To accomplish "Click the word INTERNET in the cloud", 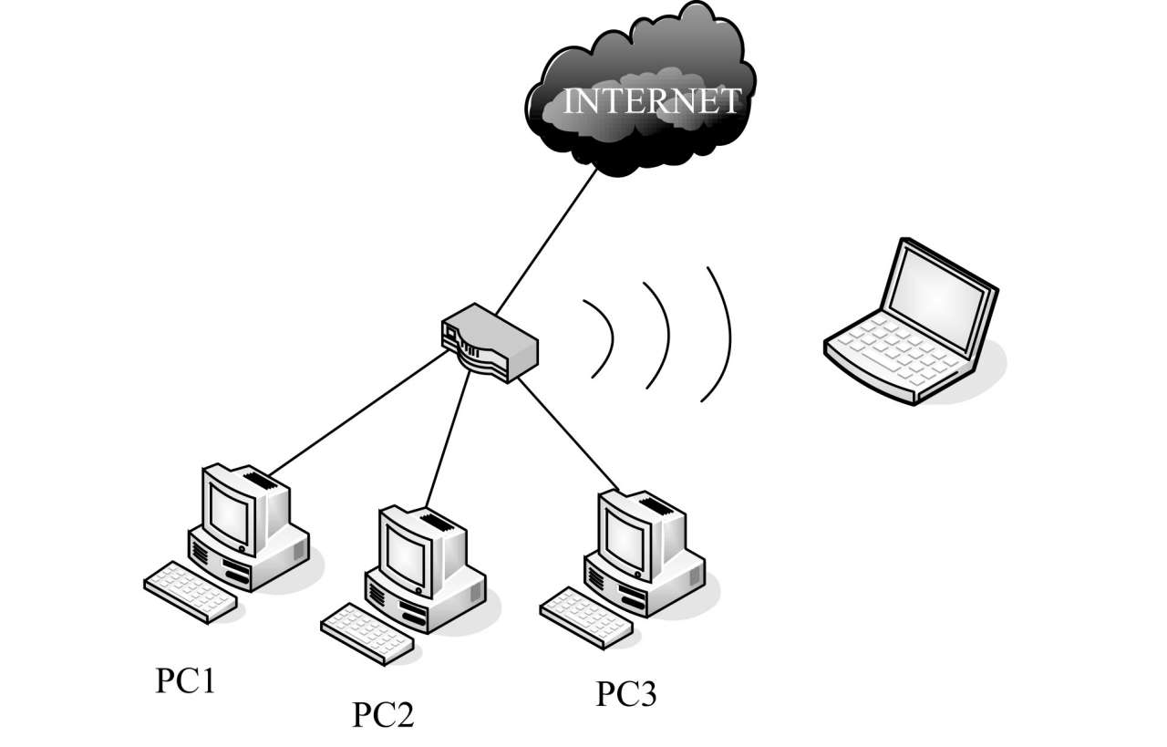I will pos(651,101).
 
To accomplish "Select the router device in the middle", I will pos(491,347).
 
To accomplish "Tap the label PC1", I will pos(185,681).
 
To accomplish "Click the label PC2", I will pos(383,714).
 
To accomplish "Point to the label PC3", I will pos(626,694).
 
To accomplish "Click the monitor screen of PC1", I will pos(229,511).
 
